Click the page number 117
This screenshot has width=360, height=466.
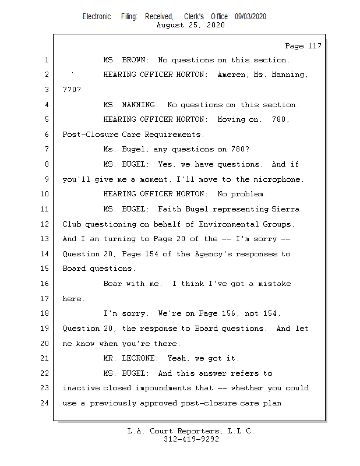(313, 46)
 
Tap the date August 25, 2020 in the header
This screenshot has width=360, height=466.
(190, 25)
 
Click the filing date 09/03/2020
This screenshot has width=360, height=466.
(250, 17)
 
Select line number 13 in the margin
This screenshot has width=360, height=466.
(45, 239)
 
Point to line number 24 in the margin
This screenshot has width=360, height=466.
(45, 403)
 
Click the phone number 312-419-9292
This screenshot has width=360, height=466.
(191, 439)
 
